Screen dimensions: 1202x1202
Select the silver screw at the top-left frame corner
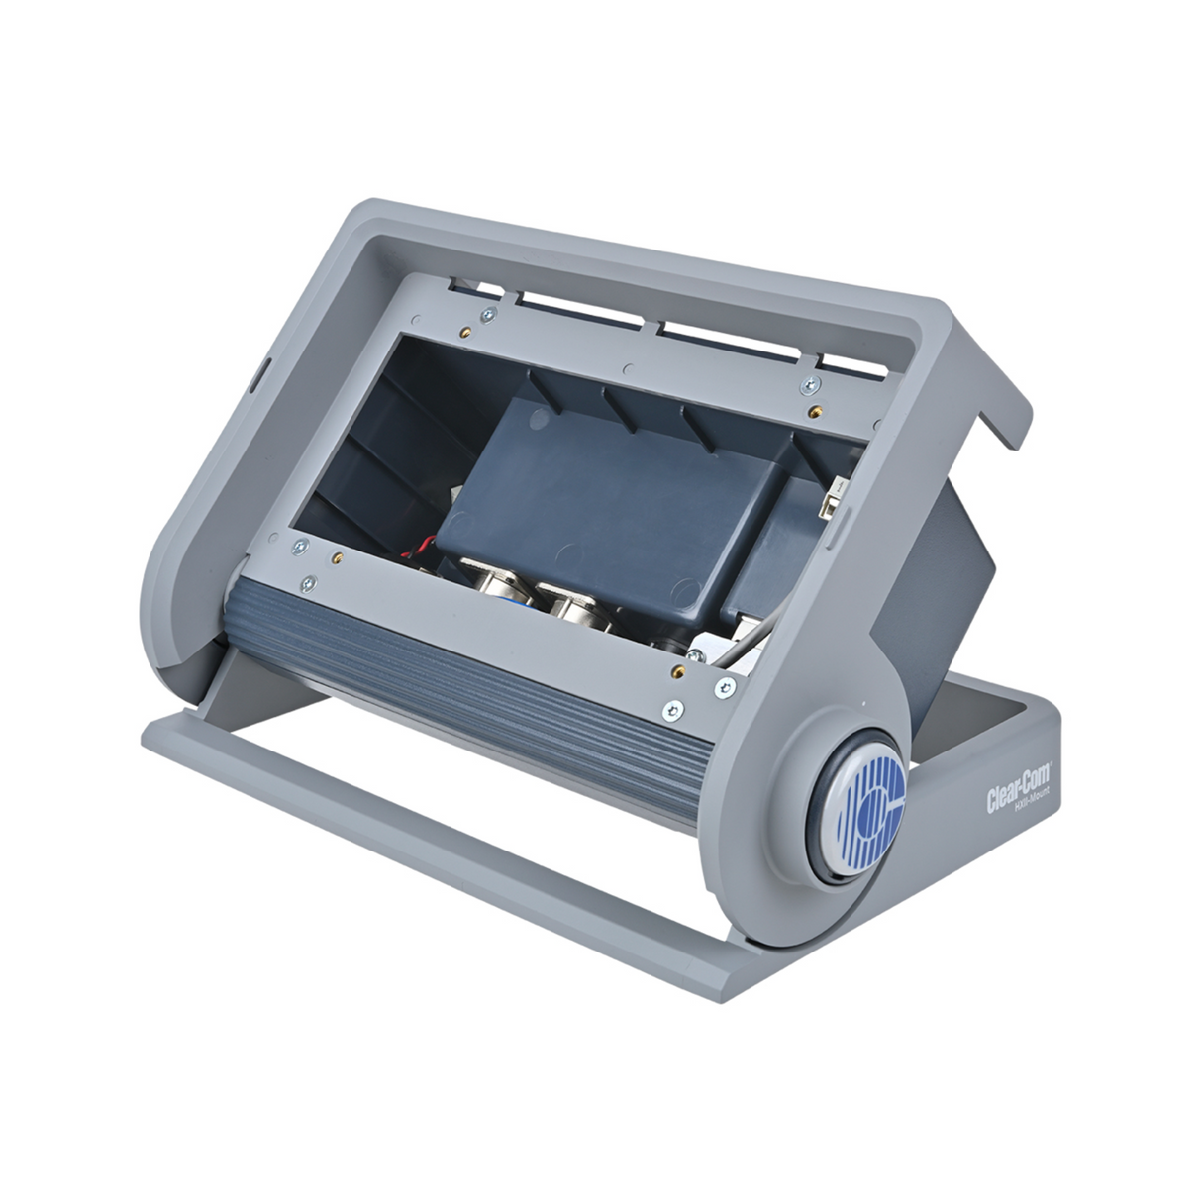[486, 314]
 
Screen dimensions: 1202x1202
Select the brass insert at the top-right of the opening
[814, 408]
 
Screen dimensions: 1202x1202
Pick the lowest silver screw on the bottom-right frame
[673, 708]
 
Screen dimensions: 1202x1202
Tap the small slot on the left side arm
[255, 378]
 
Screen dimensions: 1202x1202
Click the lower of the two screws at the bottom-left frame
[310, 583]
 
